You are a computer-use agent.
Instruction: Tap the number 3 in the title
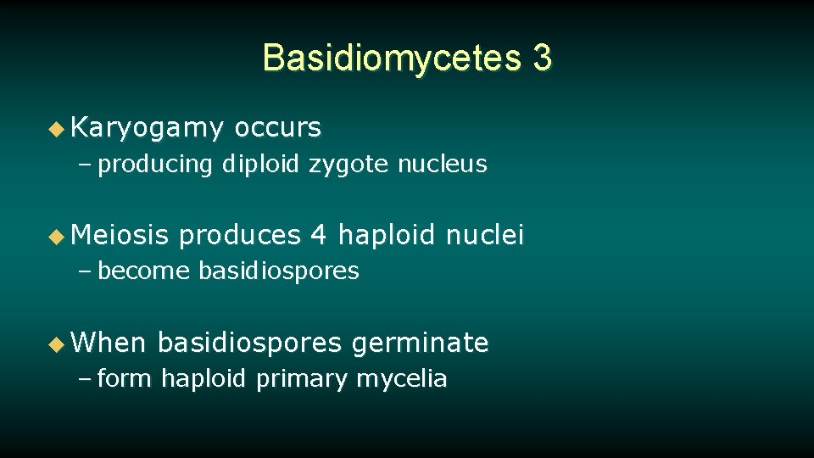tap(542, 59)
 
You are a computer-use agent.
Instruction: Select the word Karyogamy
tap(148, 128)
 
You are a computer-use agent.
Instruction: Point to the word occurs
tap(278, 128)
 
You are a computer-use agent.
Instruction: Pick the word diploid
tap(260, 164)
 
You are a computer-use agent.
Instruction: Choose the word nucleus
tap(443, 164)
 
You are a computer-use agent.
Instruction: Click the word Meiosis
tap(120, 234)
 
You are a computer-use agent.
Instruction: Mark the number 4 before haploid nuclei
tap(319, 234)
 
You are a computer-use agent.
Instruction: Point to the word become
tap(144, 271)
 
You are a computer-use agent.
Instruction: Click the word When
tap(109, 343)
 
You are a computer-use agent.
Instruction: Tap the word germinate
tap(420, 343)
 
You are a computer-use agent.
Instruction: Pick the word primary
tap(302, 379)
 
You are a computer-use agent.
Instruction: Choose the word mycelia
tap(401, 379)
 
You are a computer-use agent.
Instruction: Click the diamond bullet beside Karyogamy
tap(56, 129)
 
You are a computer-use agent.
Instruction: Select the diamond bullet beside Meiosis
tap(56, 235)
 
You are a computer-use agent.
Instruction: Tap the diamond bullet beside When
tap(56, 343)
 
